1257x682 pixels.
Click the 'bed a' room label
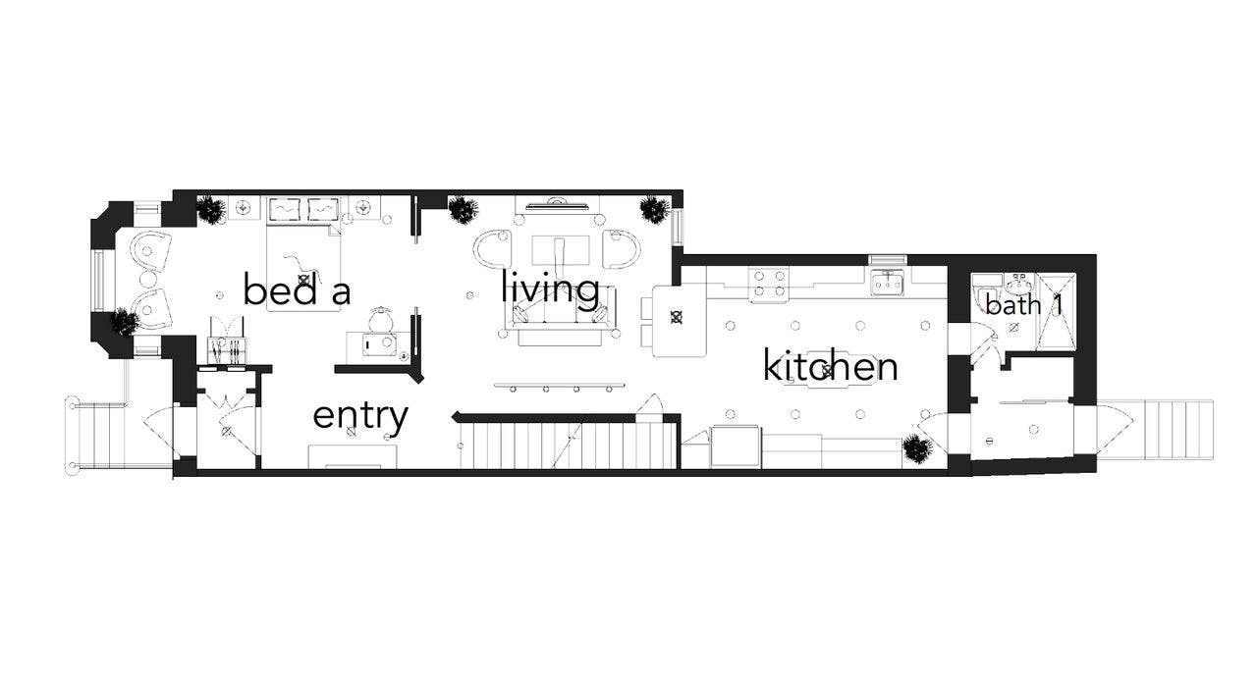click(297, 290)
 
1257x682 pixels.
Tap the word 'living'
click(550, 289)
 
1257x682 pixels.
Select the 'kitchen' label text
click(830, 367)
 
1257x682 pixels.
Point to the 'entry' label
click(359, 416)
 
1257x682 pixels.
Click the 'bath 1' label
click(1024, 305)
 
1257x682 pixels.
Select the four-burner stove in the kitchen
click(770, 285)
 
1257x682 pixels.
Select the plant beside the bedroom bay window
click(124, 321)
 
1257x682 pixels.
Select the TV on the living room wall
click(557, 205)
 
